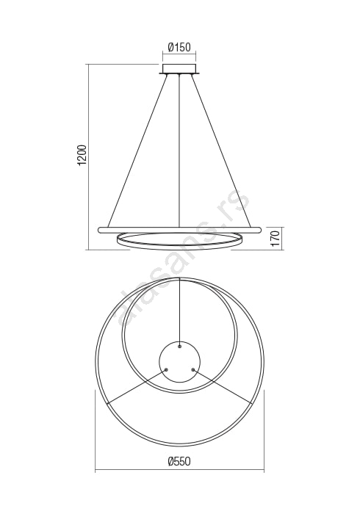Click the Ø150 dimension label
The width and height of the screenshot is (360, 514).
point(179,47)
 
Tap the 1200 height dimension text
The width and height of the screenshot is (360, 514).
point(83,154)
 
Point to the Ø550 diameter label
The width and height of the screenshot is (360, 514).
point(179,461)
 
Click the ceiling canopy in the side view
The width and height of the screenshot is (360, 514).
point(179,69)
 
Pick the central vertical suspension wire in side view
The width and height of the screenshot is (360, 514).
point(179,151)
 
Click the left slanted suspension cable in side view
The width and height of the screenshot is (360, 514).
point(137,151)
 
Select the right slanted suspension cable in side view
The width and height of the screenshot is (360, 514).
point(221,151)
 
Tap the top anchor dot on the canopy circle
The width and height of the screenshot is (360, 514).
point(179,346)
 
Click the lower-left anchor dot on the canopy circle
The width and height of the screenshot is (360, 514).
point(166,369)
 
